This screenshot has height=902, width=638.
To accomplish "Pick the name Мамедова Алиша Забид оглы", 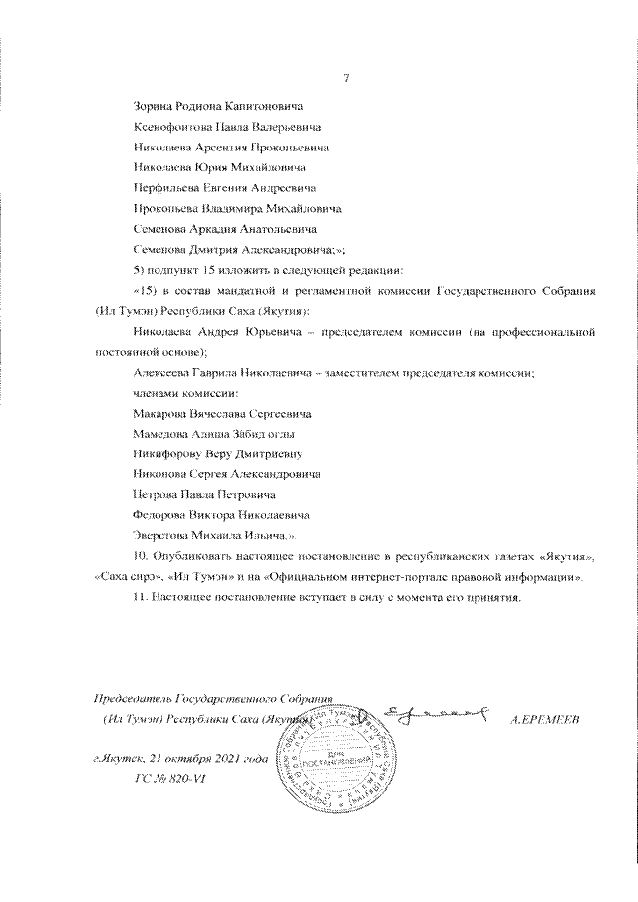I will [213, 434].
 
